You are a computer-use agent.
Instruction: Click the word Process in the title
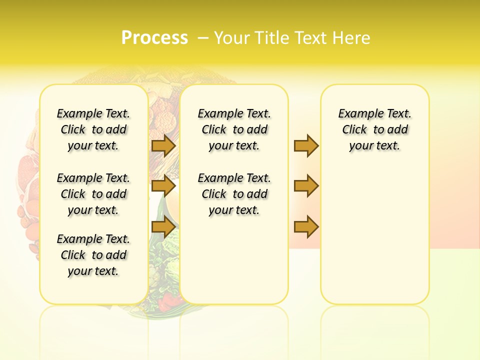(x=154, y=38)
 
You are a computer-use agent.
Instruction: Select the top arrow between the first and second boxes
(x=163, y=145)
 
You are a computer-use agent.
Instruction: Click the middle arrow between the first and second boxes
(x=163, y=186)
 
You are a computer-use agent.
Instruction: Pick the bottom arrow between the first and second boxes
(x=163, y=227)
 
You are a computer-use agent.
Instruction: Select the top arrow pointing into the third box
(x=306, y=145)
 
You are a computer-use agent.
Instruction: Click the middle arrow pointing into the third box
(x=306, y=186)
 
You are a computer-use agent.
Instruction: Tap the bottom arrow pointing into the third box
(x=306, y=227)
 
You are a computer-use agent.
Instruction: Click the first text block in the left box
(x=93, y=129)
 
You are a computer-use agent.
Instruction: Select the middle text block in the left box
(x=93, y=194)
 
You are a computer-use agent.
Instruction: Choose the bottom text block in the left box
(x=93, y=255)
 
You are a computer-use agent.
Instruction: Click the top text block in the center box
(x=234, y=129)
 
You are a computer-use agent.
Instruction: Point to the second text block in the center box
(x=234, y=194)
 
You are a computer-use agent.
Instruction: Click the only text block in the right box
(x=374, y=129)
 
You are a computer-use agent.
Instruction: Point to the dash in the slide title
(x=203, y=38)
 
